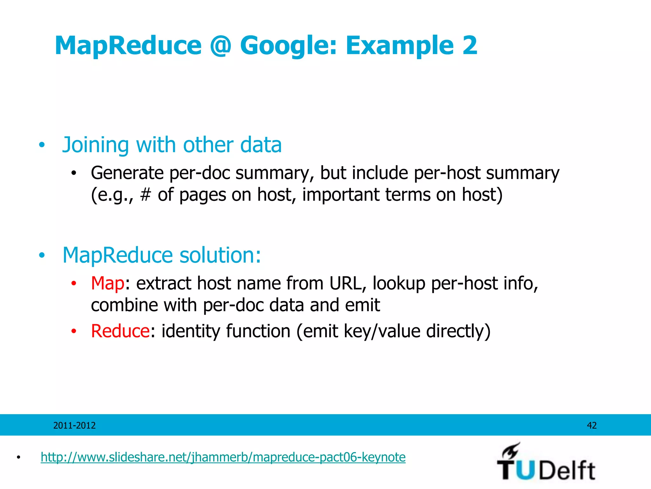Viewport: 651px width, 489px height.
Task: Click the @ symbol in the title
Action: pyautogui.click(x=221, y=46)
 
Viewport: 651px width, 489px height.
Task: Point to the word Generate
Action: pyautogui.click(x=127, y=173)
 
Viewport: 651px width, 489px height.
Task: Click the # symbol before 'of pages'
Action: pyautogui.click(x=145, y=195)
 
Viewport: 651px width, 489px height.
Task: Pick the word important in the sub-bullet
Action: pyautogui.click(x=340, y=195)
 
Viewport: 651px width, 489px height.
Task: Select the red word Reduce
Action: pyautogui.click(x=120, y=331)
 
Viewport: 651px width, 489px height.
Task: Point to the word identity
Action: pyautogui.click(x=190, y=331)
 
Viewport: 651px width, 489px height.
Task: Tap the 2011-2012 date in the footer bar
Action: pyautogui.click(x=74, y=425)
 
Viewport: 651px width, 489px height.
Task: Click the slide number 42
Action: pyautogui.click(x=592, y=425)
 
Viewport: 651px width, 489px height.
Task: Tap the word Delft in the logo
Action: pyautogui.click(x=567, y=471)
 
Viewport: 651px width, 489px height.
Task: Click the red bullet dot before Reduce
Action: pyautogui.click(x=74, y=331)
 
